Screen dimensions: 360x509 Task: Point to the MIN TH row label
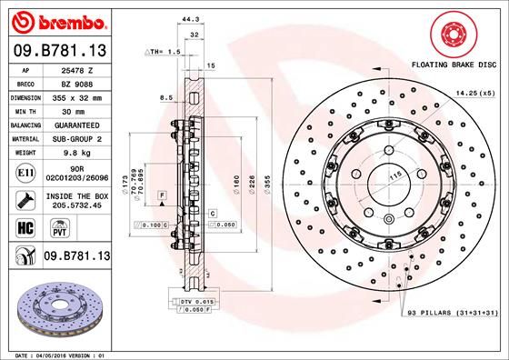pos(25,110)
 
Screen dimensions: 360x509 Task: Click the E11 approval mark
pos(25,172)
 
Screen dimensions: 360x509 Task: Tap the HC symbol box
pos(25,225)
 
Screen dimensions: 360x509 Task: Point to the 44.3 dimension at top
pos(189,18)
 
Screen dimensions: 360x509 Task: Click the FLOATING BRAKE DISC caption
pos(454,66)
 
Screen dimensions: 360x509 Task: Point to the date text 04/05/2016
pos(63,354)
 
